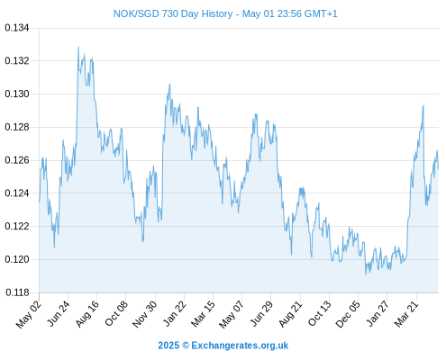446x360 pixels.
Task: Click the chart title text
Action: click(x=225, y=13)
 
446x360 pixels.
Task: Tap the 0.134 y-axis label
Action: click(x=17, y=28)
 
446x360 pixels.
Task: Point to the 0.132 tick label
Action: click(x=17, y=61)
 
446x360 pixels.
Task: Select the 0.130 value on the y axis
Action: click(x=17, y=94)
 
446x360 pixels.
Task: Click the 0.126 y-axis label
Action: click(x=17, y=160)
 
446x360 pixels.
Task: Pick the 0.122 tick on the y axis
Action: click(x=17, y=226)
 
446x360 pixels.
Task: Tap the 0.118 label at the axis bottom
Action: click(x=17, y=292)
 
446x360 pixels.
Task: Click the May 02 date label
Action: click(x=28, y=314)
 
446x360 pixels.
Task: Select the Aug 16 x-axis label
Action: click(x=87, y=314)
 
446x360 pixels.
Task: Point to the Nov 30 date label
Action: click(x=144, y=314)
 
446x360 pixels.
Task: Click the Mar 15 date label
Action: click(x=203, y=314)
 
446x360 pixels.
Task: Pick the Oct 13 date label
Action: click(x=320, y=314)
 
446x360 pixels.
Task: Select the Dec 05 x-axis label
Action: click(x=348, y=314)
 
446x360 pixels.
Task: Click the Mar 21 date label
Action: click(x=406, y=314)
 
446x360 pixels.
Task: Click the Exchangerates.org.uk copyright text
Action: click(x=223, y=346)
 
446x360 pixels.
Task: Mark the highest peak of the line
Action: click(x=78, y=47)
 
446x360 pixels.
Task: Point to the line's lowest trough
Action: click(x=366, y=274)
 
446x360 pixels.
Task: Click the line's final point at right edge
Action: click(x=438, y=169)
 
